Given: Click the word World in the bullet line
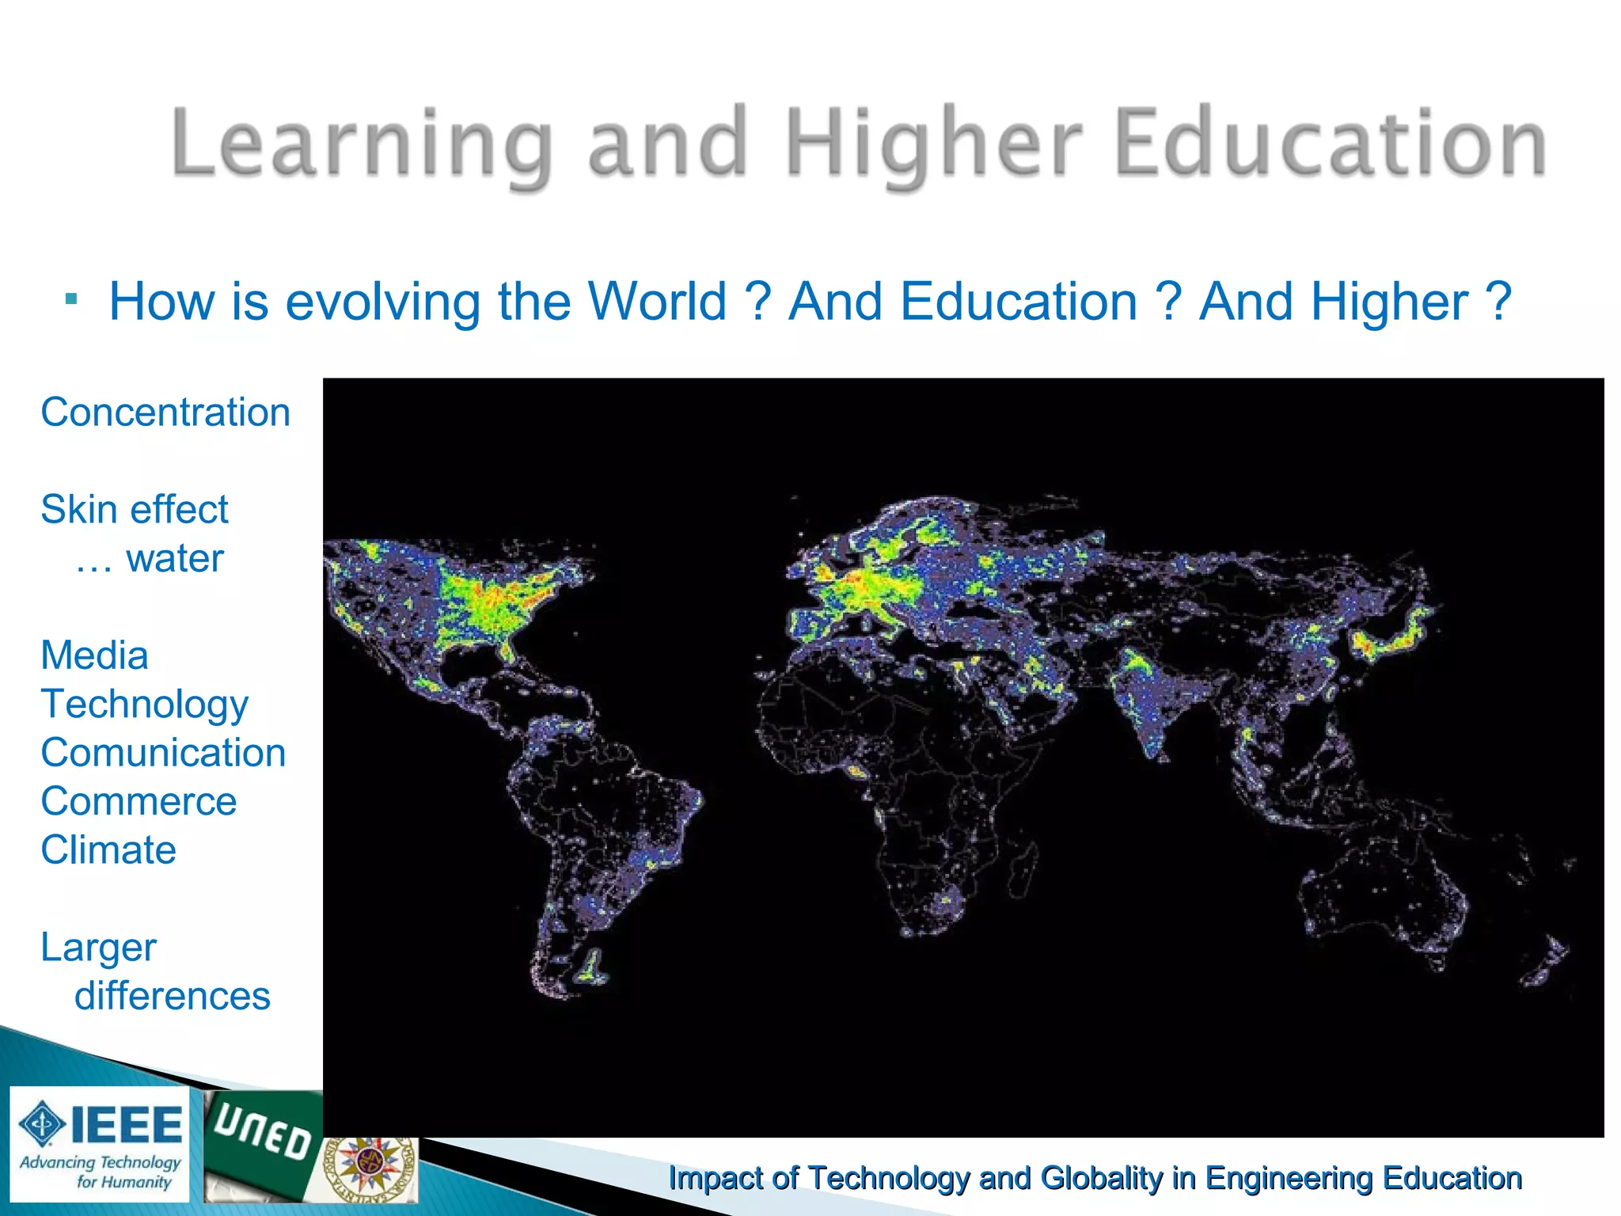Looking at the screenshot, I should tap(657, 302).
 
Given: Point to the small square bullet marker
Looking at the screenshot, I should tap(72, 299).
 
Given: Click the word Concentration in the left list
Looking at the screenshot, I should tap(165, 412).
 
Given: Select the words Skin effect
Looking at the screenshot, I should tap(135, 509).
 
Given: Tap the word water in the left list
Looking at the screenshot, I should tap(175, 558).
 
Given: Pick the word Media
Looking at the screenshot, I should tap(94, 655).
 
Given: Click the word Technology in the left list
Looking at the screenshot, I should tap(145, 704).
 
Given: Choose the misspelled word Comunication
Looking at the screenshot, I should tap(163, 753).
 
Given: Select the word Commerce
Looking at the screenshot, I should tap(139, 801).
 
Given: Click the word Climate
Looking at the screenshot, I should tap(108, 850).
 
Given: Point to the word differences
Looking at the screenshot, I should tap(173, 996).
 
